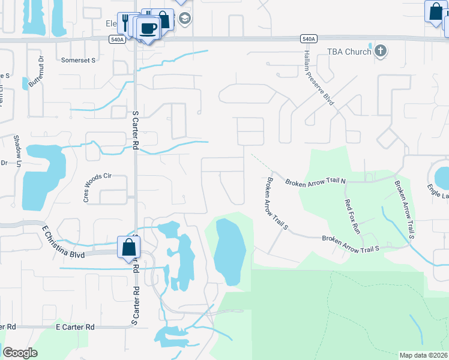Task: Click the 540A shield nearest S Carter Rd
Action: (117, 39)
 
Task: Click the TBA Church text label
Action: (349, 52)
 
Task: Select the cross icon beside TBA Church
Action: (380, 52)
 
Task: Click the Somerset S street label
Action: (79, 61)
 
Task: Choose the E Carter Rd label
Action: (75, 327)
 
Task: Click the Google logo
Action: (20, 353)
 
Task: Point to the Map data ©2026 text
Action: (424, 355)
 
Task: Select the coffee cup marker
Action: (148, 28)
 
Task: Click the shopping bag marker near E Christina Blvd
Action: (129, 247)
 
